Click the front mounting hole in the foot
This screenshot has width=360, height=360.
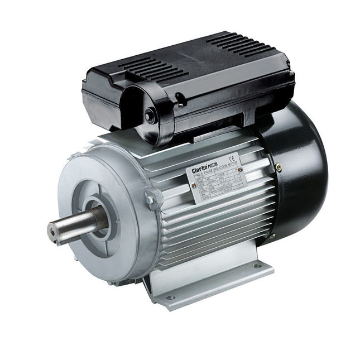tap(170, 297)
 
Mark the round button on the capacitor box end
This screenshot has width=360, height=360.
tap(150, 115)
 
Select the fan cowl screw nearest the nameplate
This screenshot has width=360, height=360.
tap(277, 164)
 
